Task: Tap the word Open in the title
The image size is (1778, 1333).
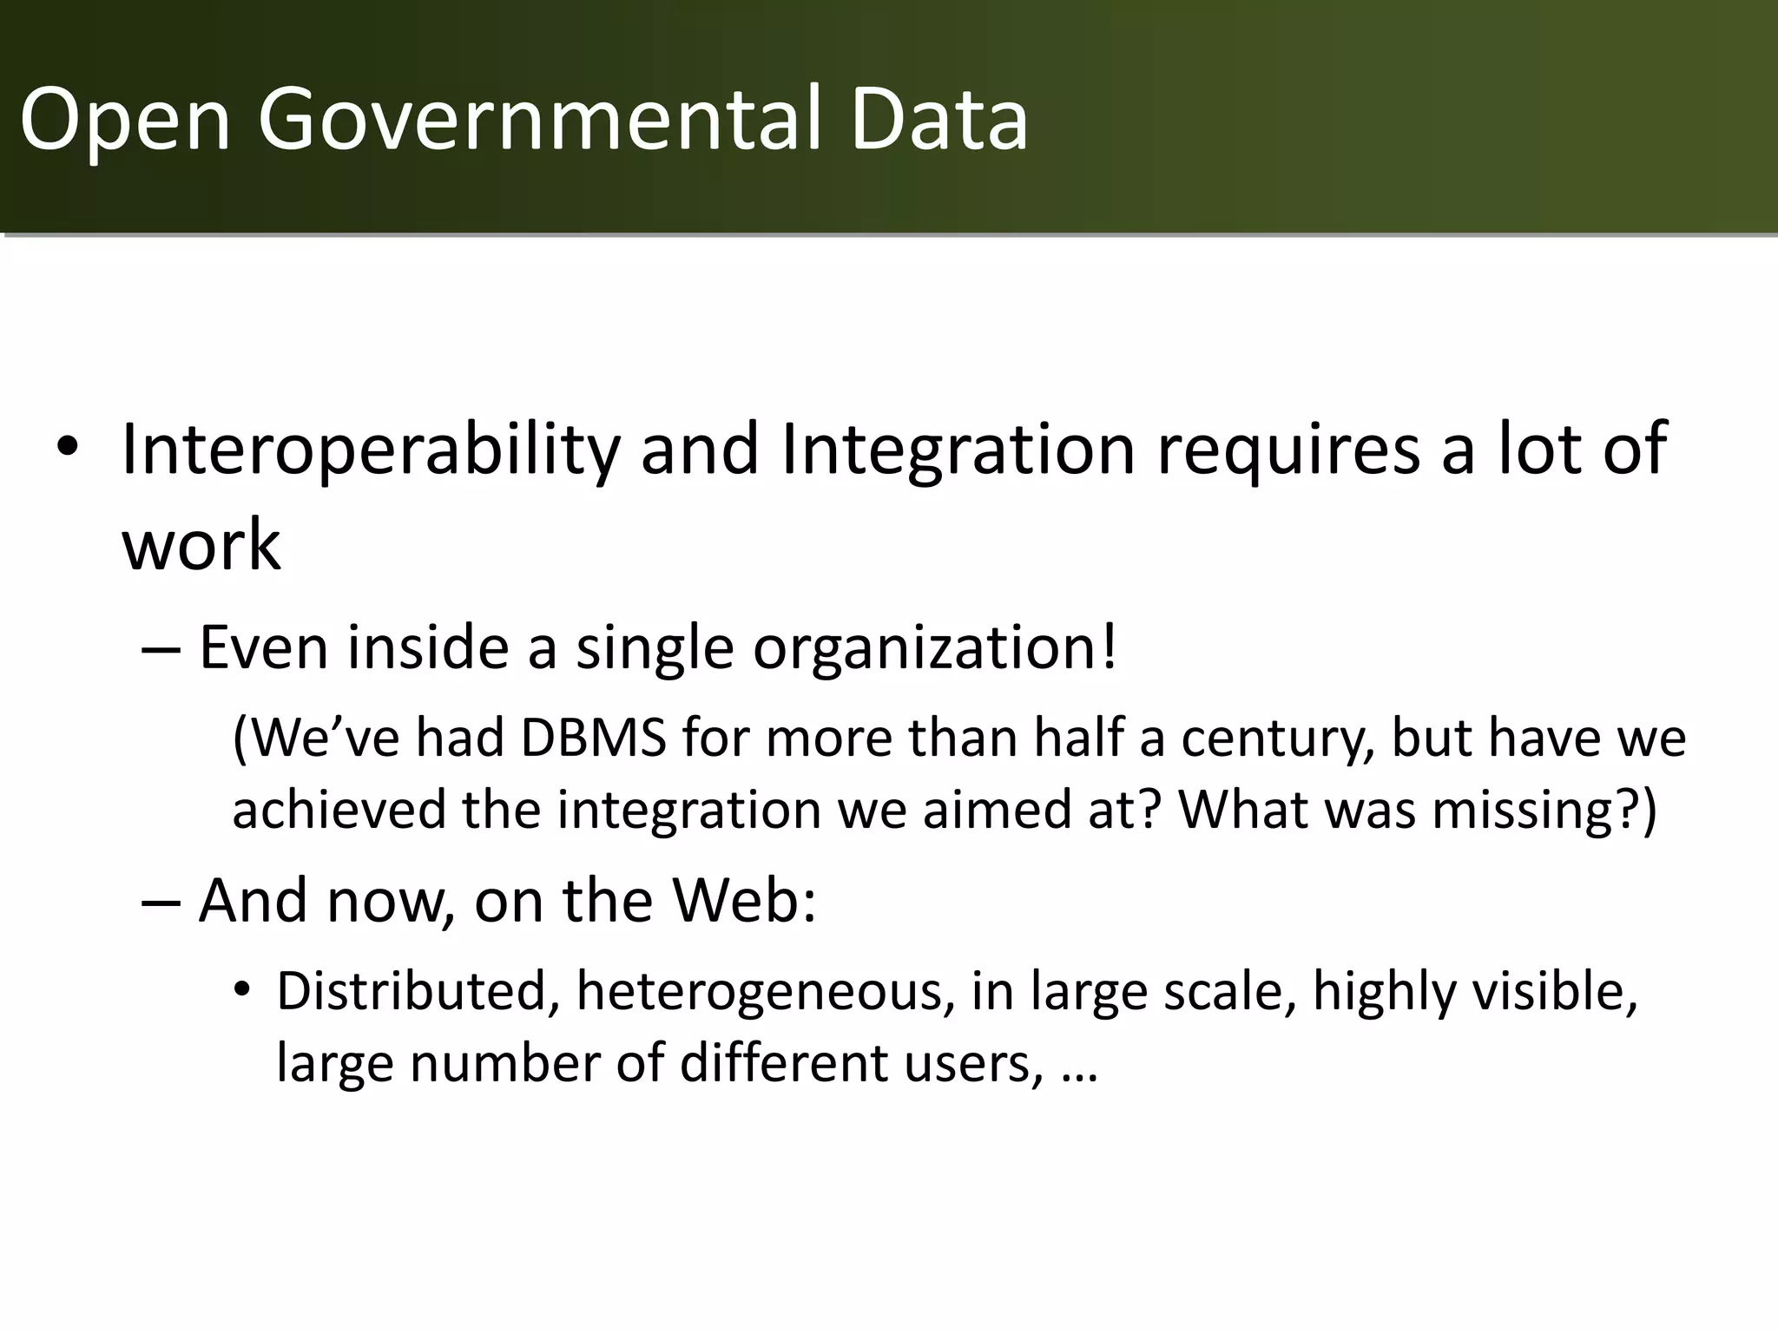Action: point(125,119)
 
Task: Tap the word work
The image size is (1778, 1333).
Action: point(201,545)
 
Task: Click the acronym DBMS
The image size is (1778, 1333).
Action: point(593,738)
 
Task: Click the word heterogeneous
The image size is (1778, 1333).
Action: point(759,992)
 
